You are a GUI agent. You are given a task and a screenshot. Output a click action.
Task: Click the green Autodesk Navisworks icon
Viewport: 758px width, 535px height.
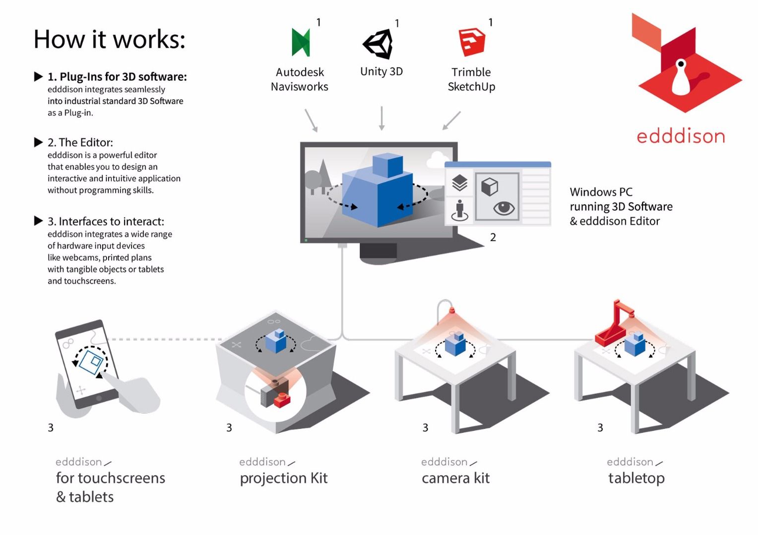(301, 42)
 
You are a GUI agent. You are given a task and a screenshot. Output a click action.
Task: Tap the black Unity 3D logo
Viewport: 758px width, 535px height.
(378, 44)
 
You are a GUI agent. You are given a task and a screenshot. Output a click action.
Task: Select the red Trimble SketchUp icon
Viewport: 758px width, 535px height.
(471, 42)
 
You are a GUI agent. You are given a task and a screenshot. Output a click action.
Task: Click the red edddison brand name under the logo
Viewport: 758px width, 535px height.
(680, 136)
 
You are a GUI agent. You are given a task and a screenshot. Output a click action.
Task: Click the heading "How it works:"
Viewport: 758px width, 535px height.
(109, 39)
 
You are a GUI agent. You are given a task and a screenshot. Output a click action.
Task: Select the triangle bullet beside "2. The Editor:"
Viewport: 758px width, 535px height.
(38, 143)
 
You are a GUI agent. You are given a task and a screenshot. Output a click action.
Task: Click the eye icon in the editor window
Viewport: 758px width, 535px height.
(504, 208)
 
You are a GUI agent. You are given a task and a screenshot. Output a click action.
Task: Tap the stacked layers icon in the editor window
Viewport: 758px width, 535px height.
(460, 183)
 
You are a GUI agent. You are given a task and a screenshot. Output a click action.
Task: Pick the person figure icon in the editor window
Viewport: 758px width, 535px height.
(460, 210)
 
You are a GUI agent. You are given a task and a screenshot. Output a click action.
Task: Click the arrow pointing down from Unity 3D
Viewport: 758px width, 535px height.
(381, 118)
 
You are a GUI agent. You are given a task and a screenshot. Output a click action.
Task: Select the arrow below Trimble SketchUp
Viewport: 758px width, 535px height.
(451, 120)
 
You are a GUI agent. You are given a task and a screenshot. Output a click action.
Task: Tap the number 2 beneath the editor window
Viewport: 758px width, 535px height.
(493, 237)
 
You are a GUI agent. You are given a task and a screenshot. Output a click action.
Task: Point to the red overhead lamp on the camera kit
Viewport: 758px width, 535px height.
(451, 311)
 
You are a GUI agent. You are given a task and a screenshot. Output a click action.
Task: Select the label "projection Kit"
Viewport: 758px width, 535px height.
(283, 478)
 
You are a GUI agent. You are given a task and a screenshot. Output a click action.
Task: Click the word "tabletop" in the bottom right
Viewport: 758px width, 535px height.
(636, 478)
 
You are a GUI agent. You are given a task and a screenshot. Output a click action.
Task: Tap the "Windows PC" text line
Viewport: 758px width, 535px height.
(601, 192)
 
